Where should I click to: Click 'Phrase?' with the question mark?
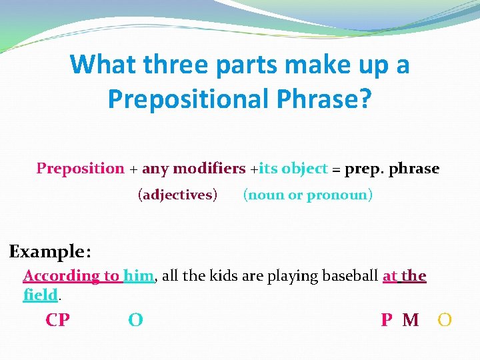[x=327, y=99]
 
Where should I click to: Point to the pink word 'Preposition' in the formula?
[x=80, y=169]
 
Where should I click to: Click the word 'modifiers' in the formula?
[x=209, y=169]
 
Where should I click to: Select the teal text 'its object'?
[x=293, y=169]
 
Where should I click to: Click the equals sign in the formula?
[x=336, y=169]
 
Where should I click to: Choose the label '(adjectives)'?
[x=177, y=195]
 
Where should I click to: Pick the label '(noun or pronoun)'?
[x=308, y=195]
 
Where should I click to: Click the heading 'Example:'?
[x=50, y=252]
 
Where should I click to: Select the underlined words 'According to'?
[x=72, y=276]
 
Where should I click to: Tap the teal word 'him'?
[x=139, y=276]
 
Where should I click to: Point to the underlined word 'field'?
[x=40, y=295]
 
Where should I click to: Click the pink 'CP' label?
[x=57, y=321]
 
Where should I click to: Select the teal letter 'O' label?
[x=135, y=321]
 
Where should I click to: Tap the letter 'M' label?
[x=411, y=321]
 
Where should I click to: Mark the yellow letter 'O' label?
[x=445, y=321]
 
